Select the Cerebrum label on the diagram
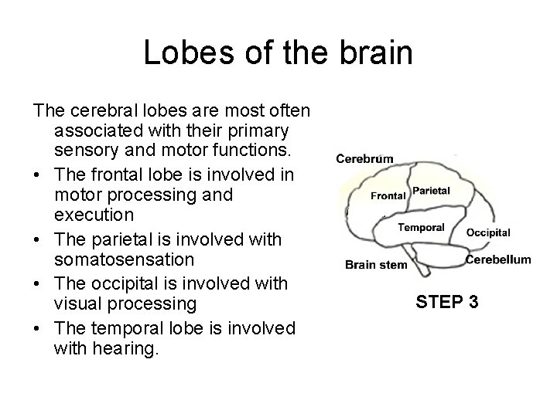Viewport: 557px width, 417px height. click(364, 159)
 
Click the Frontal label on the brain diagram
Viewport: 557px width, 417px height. click(388, 195)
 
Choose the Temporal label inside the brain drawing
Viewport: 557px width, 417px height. click(421, 227)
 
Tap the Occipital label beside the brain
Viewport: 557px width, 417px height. click(488, 232)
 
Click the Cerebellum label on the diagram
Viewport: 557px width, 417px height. click(498, 259)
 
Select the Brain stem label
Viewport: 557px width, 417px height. click(376, 265)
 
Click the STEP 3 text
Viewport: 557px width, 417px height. click(447, 301)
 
